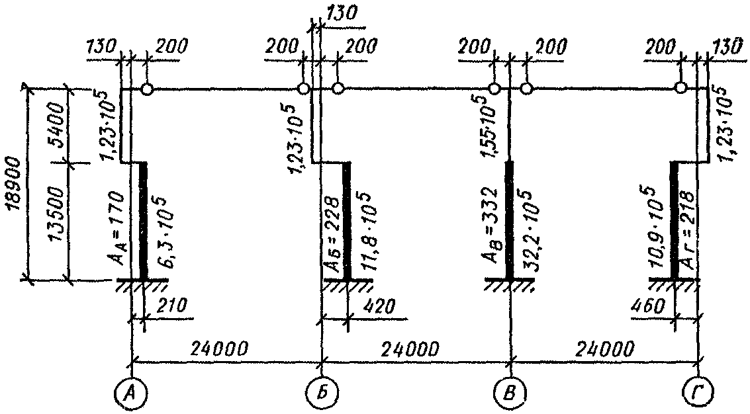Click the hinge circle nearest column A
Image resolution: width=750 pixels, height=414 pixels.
coord(147,89)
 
